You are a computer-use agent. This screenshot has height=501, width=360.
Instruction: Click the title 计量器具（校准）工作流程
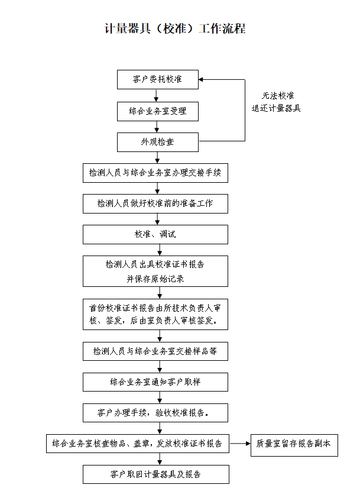(x=175, y=28)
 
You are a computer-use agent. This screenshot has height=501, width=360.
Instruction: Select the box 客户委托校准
(x=157, y=80)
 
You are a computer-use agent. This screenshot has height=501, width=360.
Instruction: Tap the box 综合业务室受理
(x=157, y=111)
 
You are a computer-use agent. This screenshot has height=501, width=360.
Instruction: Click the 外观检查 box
(x=157, y=142)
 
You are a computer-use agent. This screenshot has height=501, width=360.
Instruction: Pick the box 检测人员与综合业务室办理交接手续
(x=155, y=173)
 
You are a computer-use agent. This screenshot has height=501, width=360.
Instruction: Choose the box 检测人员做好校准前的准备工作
(x=155, y=203)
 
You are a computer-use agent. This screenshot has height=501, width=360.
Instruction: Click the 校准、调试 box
(x=155, y=234)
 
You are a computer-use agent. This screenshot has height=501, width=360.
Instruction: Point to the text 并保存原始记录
(x=155, y=279)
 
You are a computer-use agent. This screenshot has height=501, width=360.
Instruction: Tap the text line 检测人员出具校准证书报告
(x=155, y=264)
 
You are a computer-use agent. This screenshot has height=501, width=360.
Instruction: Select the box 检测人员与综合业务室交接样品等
(x=155, y=351)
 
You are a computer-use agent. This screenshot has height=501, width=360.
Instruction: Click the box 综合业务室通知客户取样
(x=155, y=382)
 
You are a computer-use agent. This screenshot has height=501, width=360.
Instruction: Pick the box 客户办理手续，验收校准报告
(x=155, y=413)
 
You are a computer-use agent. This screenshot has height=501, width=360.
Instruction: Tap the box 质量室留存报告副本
(x=294, y=445)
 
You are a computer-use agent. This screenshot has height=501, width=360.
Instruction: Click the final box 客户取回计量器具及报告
(x=156, y=474)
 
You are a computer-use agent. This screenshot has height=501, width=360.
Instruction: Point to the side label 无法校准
(x=278, y=96)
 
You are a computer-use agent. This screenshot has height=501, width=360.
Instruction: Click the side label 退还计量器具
(x=276, y=108)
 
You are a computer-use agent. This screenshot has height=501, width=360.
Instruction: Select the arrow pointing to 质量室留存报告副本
(x=240, y=444)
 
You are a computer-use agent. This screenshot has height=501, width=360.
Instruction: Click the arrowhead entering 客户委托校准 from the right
(x=201, y=80)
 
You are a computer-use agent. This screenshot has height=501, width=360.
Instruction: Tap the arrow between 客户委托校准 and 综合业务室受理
(x=157, y=96)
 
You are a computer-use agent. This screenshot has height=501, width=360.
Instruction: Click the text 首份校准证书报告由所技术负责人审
(x=155, y=308)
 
